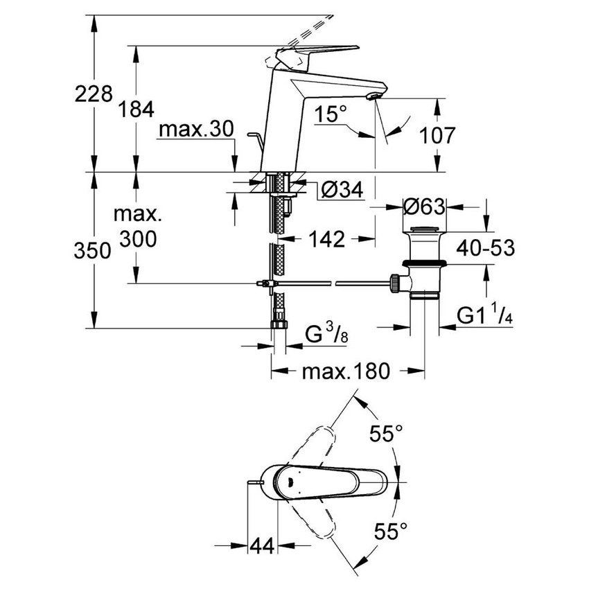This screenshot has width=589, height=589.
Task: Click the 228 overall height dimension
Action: [x=93, y=93]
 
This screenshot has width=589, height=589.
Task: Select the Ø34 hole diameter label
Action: [x=342, y=188]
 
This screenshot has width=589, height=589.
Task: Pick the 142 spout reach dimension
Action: [x=325, y=239]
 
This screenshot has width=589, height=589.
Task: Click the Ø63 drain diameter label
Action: [x=424, y=206]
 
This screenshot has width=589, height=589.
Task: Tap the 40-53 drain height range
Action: [x=485, y=247]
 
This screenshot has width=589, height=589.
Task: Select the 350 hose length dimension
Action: [x=93, y=251]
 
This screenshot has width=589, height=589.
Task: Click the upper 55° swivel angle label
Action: [x=385, y=434]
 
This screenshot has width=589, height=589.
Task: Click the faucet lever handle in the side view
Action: [x=319, y=51]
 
